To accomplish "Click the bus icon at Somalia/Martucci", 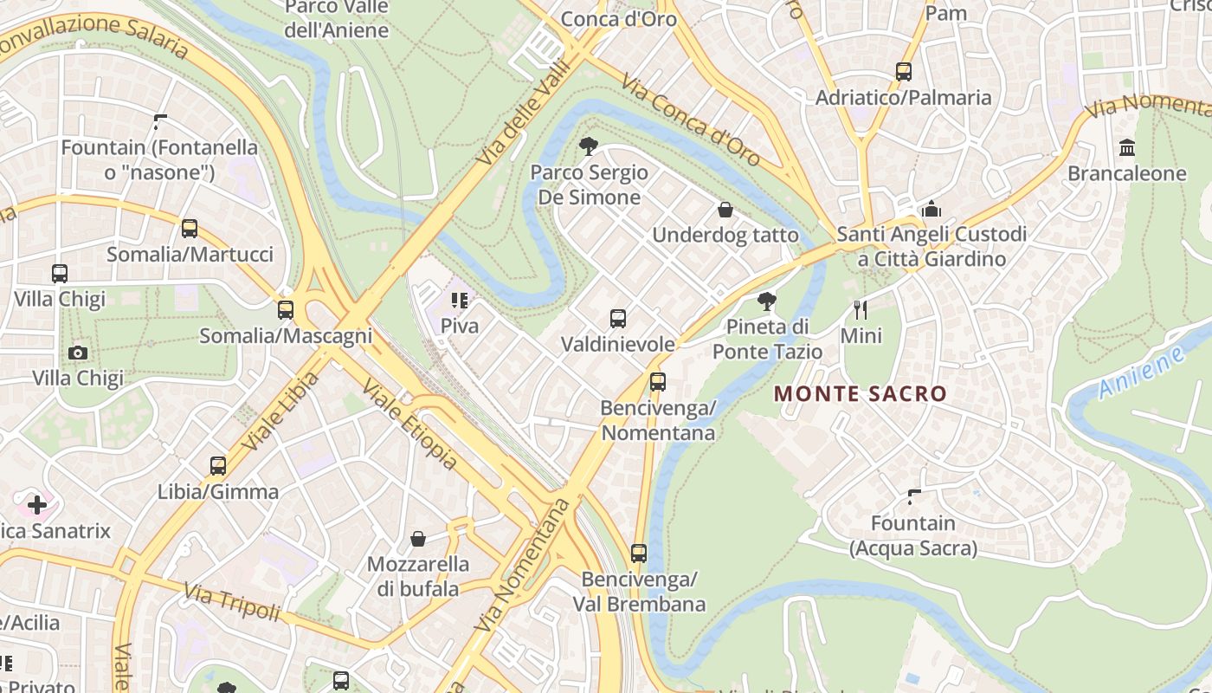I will [x=190, y=229].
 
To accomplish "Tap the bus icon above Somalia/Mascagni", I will [x=286, y=309].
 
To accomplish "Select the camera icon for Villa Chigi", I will [x=78, y=353].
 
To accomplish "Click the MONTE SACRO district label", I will [x=860, y=394].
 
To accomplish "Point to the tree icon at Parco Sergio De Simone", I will [x=589, y=146].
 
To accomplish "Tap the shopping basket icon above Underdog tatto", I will [x=725, y=210].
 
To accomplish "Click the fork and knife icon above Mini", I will [x=861, y=309].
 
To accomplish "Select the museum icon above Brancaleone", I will [x=1127, y=147].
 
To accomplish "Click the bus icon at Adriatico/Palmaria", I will [x=904, y=72].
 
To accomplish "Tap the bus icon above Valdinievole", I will [x=618, y=318].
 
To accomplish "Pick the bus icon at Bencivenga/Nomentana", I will [x=658, y=381].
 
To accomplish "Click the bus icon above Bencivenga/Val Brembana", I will [x=639, y=553].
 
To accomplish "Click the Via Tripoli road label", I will [x=232, y=601].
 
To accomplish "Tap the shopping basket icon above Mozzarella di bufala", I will [x=418, y=539].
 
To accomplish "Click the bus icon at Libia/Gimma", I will [x=218, y=466].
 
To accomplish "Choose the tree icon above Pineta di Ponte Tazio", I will [x=766, y=301].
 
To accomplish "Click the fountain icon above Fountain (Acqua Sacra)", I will [x=913, y=497].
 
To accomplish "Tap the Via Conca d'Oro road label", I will [x=690, y=121].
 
